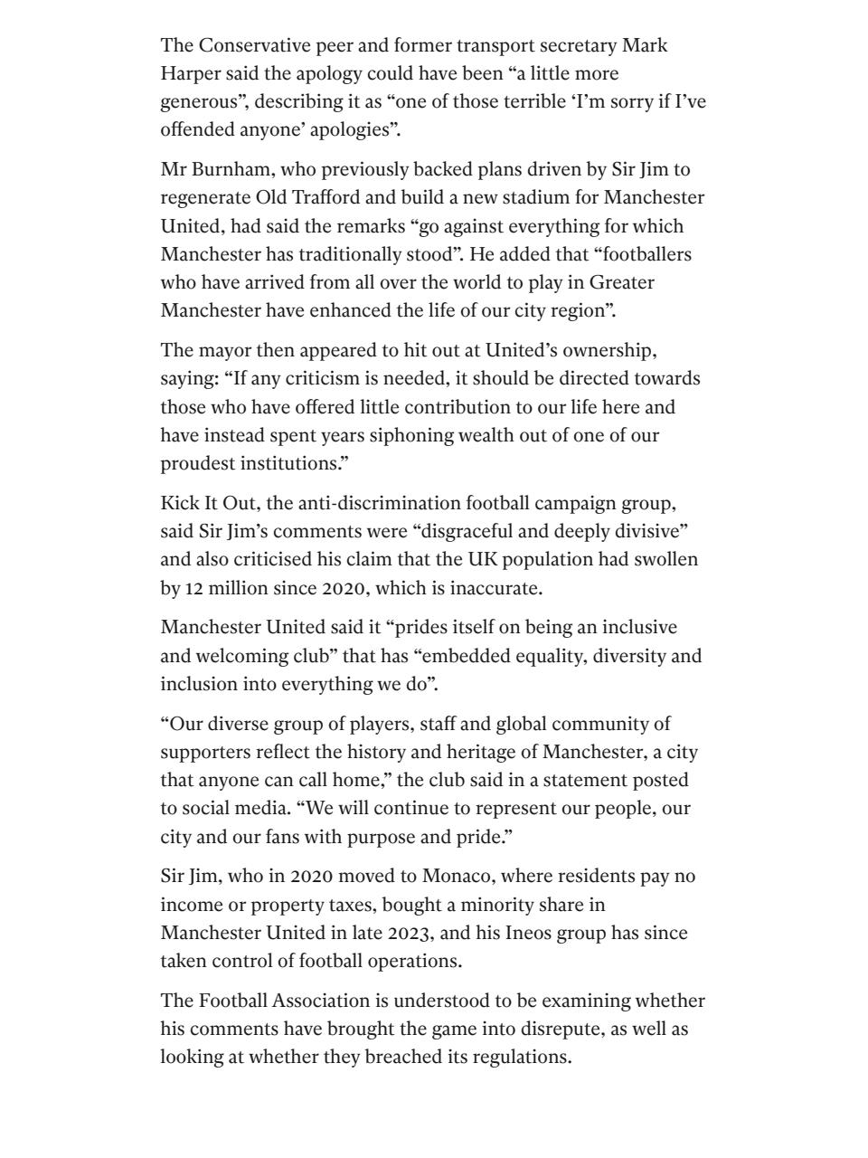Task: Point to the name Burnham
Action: click(228, 169)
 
